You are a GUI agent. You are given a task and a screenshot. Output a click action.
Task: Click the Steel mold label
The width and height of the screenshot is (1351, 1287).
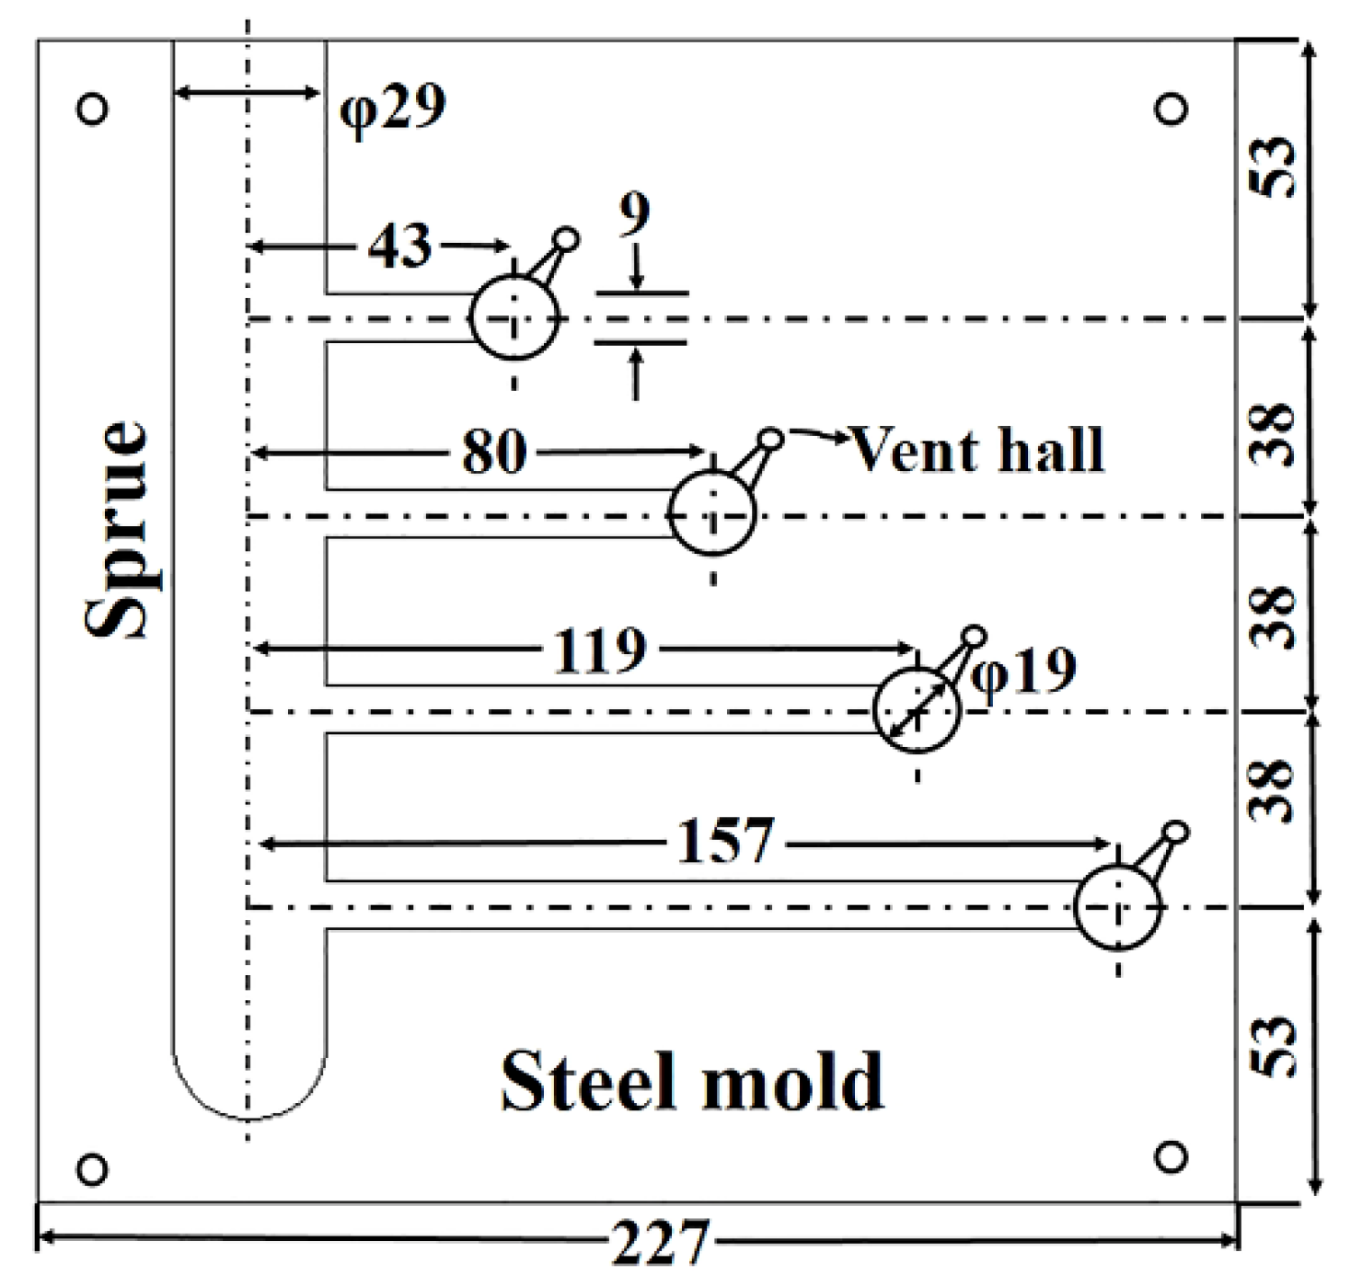click(x=692, y=1082)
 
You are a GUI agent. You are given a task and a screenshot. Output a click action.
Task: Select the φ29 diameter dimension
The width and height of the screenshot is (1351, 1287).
click(x=393, y=109)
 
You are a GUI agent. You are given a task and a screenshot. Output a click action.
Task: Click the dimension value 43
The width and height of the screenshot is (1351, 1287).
click(x=400, y=247)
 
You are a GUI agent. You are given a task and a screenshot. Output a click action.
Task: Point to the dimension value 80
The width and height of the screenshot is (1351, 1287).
click(x=494, y=452)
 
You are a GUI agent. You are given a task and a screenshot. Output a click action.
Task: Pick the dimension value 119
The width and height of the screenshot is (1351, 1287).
click(x=601, y=650)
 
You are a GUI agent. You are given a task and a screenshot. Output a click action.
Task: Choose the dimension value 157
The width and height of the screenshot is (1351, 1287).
click(x=725, y=841)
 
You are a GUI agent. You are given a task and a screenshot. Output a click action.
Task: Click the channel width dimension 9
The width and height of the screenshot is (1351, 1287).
click(x=634, y=213)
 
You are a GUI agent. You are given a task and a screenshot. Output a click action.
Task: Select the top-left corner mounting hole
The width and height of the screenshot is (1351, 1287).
click(x=92, y=109)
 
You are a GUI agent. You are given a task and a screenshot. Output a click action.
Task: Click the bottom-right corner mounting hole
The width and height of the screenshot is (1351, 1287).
click(x=1170, y=1156)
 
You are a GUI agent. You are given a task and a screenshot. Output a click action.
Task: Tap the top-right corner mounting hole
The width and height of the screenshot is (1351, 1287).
click(x=1171, y=109)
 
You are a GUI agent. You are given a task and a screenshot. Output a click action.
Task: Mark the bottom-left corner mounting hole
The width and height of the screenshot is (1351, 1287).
click(x=92, y=1169)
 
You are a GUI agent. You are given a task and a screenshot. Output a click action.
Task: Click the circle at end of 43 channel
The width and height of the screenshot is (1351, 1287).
click(x=514, y=318)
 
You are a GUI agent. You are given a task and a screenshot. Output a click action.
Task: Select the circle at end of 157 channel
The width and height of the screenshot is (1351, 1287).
click(x=1118, y=907)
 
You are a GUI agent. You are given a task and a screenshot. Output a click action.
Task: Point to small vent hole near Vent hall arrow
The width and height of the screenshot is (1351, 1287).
click(x=771, y=438)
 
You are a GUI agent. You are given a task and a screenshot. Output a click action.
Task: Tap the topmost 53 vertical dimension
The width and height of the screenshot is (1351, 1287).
click(x=1274, y=167)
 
